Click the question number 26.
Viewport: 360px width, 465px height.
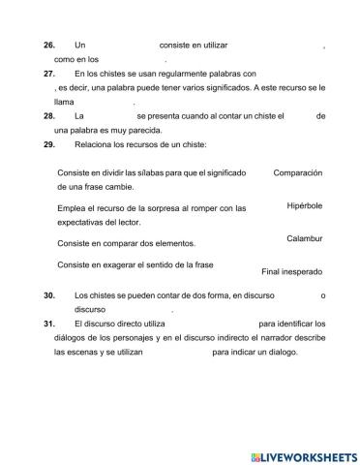49,46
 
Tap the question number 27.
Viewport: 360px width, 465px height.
49,74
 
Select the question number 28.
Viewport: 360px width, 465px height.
49,115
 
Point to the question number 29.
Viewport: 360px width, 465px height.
49,143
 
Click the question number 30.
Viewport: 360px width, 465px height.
49,295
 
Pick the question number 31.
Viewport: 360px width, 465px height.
49,324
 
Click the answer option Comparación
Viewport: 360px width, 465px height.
297,172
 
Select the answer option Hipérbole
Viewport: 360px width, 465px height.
304,206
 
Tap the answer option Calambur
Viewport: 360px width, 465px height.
304,238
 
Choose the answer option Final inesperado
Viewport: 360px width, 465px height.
291,272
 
